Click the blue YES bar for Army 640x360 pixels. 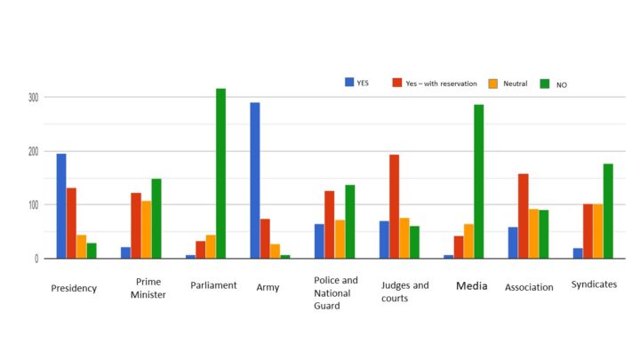coord(255,180)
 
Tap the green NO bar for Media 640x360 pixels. coord(479,181)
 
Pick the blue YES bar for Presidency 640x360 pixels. coord(61,206)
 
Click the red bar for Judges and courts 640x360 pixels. coord(394,206)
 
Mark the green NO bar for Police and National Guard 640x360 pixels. coord(349,221)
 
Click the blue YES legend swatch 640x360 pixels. coord(349,82)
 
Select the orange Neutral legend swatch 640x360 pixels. coord(492,84)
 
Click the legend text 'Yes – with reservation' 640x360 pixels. coord(442,84)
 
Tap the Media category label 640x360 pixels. coord(471,286)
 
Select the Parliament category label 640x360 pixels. coord(213,285)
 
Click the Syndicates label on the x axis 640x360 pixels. coord(595,284)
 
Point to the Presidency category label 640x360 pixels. coord(74,288)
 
